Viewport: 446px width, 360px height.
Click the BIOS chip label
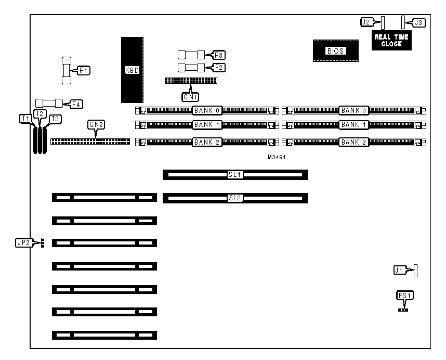click(x=335, y=51)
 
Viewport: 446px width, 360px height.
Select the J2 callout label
click(x=367, y=22)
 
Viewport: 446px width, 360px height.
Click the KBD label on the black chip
click(x=132, y=70)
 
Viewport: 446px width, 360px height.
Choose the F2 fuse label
click(x=220, y=67)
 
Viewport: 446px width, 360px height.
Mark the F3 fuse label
click(x=220, y=54)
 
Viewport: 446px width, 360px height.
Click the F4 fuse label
click(x=76, y=104)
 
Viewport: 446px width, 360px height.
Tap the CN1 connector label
click(x=190, y=96)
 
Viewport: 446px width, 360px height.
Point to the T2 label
click(x=40, y=113)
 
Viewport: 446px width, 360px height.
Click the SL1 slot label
click(x=235, y=174)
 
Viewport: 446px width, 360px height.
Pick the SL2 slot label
click(x=235, y=198)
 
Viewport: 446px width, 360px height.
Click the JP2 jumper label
click(x=23, y=242)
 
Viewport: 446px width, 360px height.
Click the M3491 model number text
click(x=277, y=157)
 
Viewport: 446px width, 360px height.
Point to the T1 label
click(x=25, y=119)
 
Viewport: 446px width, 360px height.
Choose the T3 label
click(x=55, y=119)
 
